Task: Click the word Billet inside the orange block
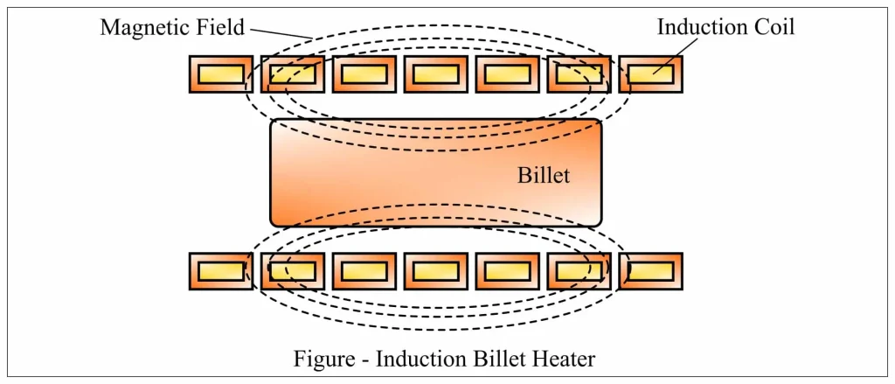(x=543, y=175)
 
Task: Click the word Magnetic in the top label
(x=138, y=27)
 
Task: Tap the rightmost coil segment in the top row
(x=650, y=73)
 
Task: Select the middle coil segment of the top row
(x=435, y=73)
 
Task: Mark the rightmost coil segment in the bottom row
(x=650, y=271)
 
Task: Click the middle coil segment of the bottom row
(x=435, y=271)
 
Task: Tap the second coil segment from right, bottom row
(x=579, y=271)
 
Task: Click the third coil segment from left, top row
(x=364, y=73)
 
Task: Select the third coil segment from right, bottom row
(x=507, y=271)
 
